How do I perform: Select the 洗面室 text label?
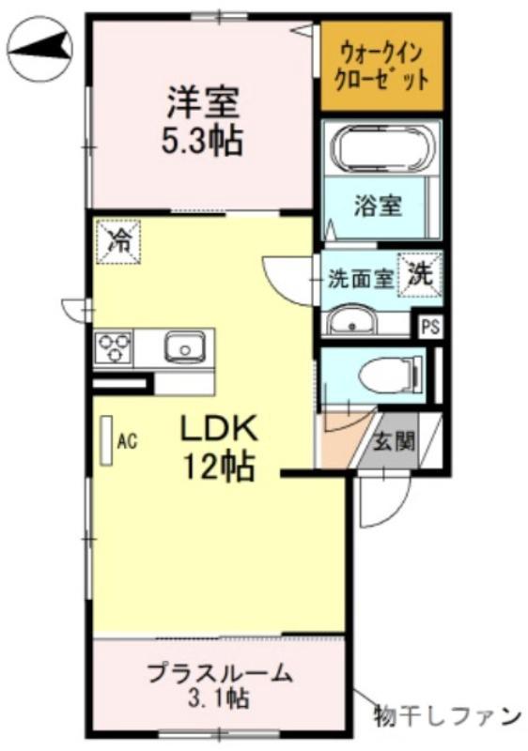click(360, 279)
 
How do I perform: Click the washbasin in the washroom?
click(352, 323)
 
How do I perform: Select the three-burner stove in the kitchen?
click(114, 348)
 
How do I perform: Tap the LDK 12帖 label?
click(218, 447)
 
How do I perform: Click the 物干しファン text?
click(446, 716)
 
